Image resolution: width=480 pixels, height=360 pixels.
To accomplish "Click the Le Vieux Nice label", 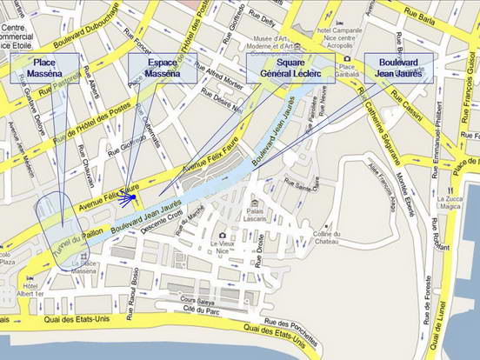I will tap(228, 247).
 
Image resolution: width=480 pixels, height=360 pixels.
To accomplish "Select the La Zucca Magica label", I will tap(450, 203).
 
